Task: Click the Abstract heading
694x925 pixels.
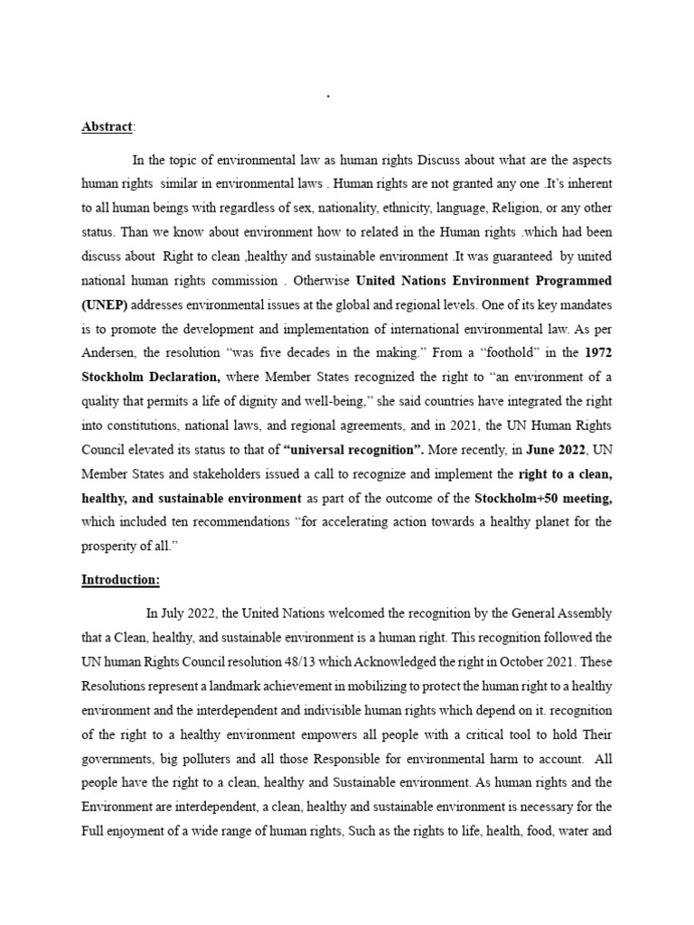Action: click(x=106, y=127)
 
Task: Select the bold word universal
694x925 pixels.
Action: click(x=318, y=449)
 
